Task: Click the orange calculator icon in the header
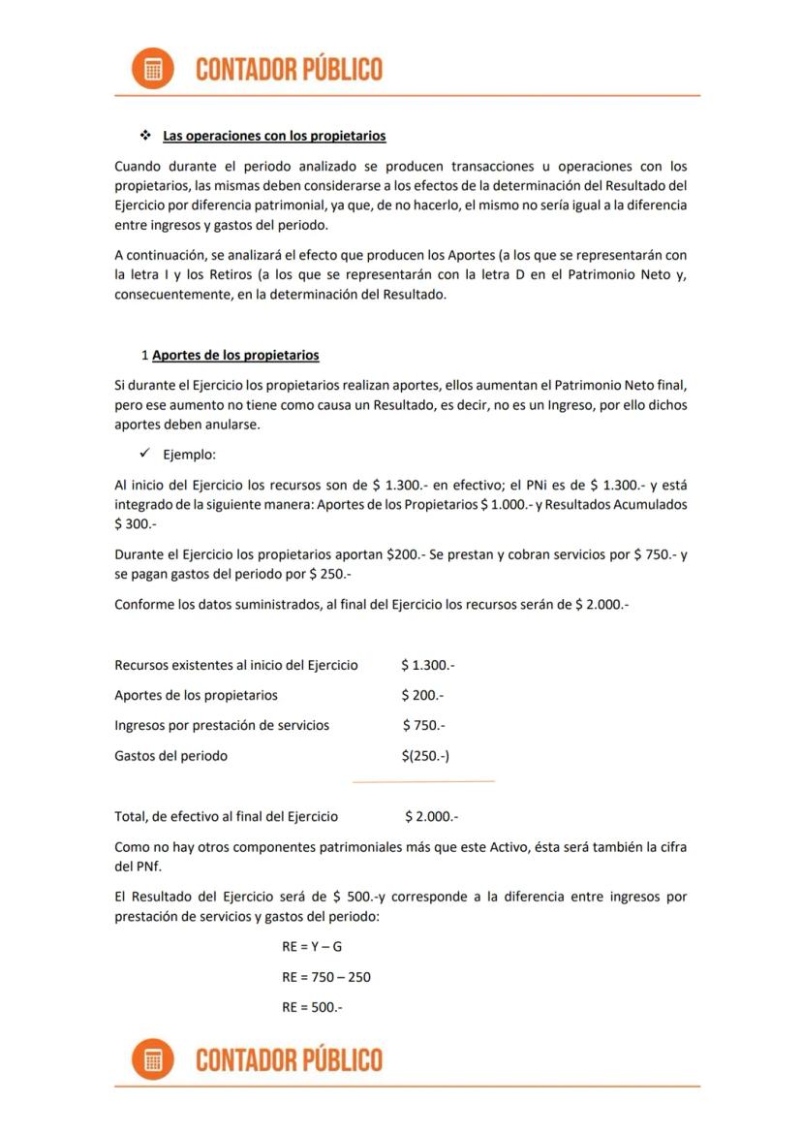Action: pos(152,69)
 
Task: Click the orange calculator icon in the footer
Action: pos(152,1058)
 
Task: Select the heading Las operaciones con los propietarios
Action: pos(274,136)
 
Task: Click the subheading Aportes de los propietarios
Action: pos(235,355)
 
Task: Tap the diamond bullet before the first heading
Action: pos(146,136)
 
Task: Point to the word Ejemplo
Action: pos(189,455)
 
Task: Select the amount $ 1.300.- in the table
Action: pos(427,665)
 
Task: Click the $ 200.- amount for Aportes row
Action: pos(422,695)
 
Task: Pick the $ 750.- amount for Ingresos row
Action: pos(423,725)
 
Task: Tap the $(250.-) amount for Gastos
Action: pos(425,755)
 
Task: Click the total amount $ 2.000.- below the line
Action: pos(432,816)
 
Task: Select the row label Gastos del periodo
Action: pos(170,755)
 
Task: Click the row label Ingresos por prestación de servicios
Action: pos(222,725)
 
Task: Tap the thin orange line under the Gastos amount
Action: pos(423,780)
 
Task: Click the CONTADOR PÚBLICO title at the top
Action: pos(289,69)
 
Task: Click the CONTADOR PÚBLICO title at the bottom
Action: pos(289,1059)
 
